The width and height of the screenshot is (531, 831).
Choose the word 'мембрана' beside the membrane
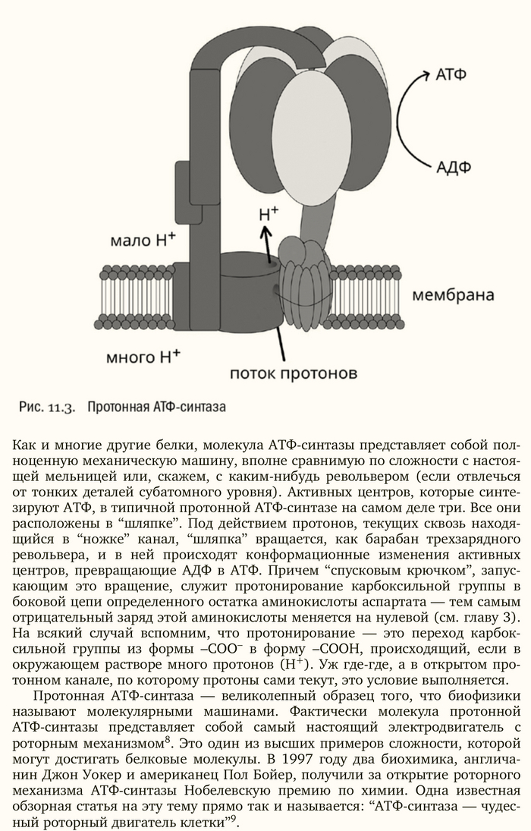(453, 294)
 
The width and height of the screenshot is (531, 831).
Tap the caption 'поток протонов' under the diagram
(294, 374)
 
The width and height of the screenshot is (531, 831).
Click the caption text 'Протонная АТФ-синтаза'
(157, 407)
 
